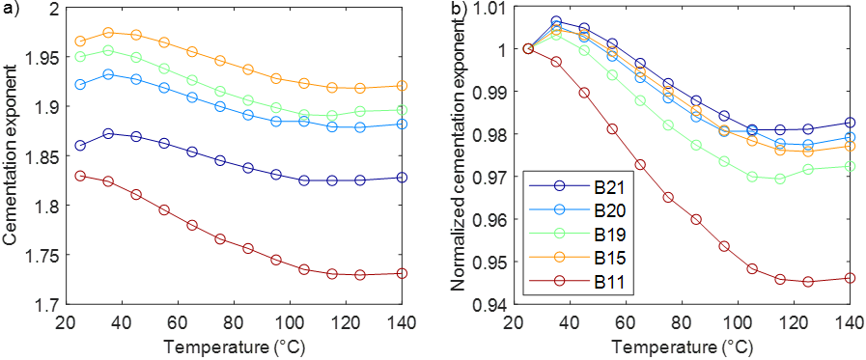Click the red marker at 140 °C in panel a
click(x=402, y=273)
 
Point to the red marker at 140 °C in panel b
click(x=850, y=278)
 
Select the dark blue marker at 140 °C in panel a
click(x=402, y=178)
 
